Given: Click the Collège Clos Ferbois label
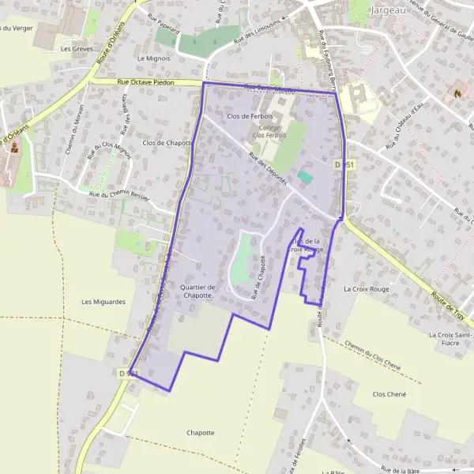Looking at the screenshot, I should click(x=269, y=131).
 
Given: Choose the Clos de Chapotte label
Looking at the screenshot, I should click(x=168, y=143).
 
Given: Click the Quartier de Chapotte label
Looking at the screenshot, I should click(x=197, y=291).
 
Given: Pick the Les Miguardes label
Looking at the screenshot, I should click(x=103, y=302).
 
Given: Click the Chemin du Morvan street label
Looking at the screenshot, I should click(x=76, y=134).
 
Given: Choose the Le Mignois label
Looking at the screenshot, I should click(x=153, y=58).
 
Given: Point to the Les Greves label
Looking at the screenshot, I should click(x=77, y=48).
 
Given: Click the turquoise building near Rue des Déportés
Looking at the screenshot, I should click(x=305, y=175).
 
